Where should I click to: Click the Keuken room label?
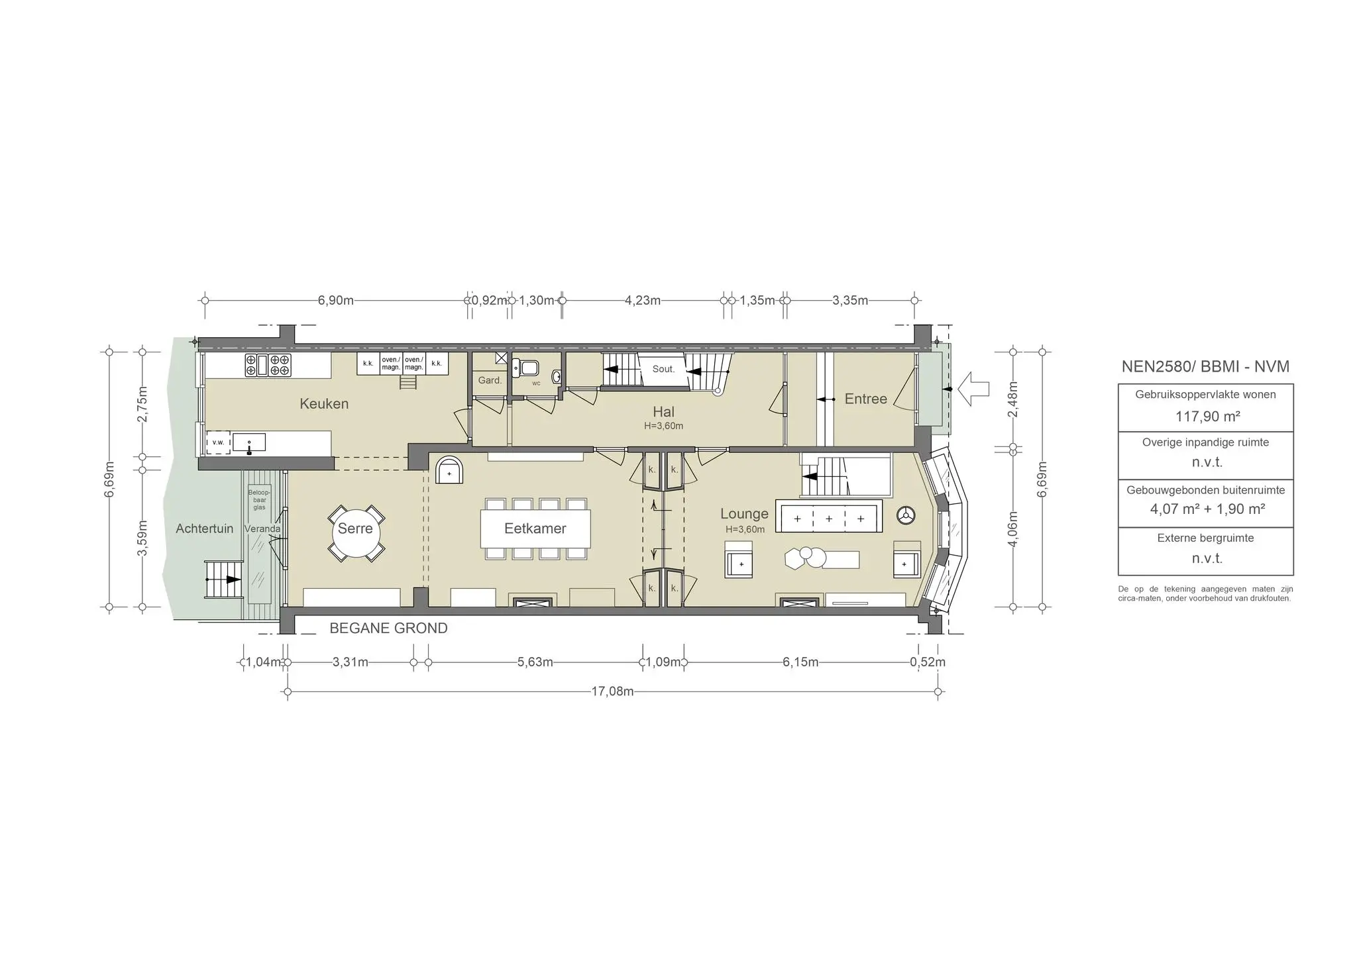[324, 404]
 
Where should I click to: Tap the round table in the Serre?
[356, 532]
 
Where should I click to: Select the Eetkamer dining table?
[535, 529]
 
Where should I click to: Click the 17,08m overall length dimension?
[612, 692]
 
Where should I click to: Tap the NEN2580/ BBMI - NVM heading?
[1205, 367]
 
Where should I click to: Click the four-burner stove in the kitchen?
[268, 366]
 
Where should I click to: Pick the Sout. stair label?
[663, 369]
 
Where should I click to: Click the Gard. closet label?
[490, 381]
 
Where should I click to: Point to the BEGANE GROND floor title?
[388, 629]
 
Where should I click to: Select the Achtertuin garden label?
[205, 529]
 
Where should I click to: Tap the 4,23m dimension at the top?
[643, 301]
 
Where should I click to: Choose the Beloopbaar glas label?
[259, 500]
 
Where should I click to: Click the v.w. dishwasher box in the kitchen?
[219, 442]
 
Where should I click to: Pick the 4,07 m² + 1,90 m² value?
[1208, 509]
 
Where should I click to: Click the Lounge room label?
[744, 514]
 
